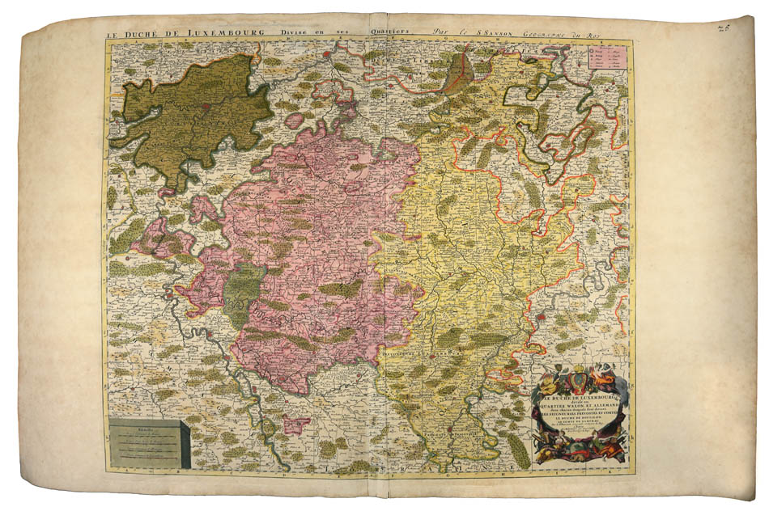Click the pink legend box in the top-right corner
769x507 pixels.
click(x=607, y=61)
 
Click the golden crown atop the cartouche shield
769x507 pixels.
click(x=580, y=368)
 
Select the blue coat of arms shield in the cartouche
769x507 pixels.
click(x=580, y=380)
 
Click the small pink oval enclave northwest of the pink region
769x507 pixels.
click(x=295, y=121)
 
